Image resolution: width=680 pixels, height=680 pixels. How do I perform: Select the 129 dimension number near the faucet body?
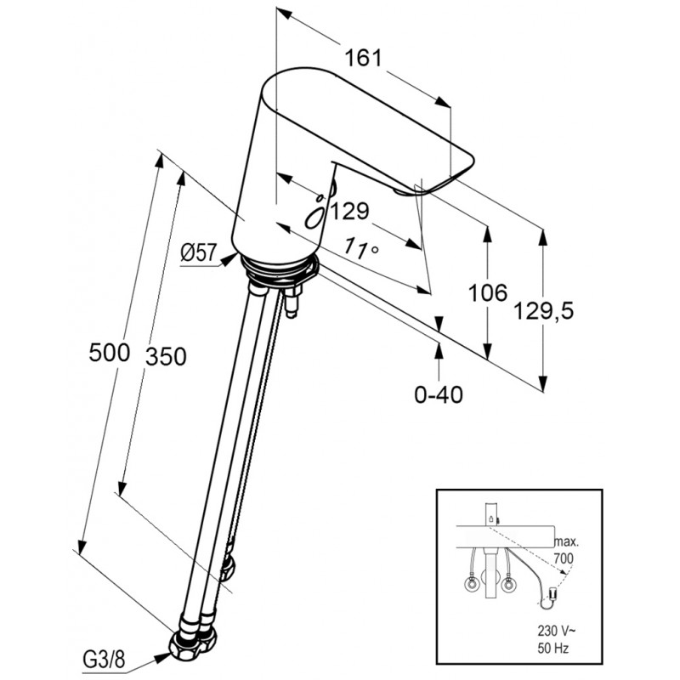click(x=350, y=211)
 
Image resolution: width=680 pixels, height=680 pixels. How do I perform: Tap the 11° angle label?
click(x=361, y=249)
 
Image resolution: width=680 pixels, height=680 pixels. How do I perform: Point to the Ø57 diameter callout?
click(x=198, y=252)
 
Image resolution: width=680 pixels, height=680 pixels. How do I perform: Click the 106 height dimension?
click(x=487, y=292)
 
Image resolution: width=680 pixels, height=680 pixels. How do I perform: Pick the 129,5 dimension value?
click(x=543, y=310)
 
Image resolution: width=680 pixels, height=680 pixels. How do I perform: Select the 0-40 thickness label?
click(x=439, y=394)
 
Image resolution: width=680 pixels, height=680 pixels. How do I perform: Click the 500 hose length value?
click(x=110, y=352)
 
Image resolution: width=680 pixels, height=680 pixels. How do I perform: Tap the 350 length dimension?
click(x=166, y=356)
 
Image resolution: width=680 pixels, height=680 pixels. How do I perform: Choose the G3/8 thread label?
click(x=104, y=660)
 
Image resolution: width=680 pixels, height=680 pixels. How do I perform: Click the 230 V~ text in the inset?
click(x=554, y=630)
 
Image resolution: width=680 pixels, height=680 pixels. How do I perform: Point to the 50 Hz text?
click(x=553, y=649)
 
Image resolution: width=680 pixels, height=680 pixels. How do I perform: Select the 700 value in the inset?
click(x=564, y=558)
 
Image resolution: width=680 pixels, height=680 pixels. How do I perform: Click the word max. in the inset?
click(x=566, y=541)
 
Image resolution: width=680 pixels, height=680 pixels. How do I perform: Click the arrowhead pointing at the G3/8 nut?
click(x=163, y=657)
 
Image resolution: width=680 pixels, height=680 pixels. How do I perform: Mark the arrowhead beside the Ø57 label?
click(x=229, y=259)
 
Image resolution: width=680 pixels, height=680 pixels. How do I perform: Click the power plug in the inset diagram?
click(x=552, y=592)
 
